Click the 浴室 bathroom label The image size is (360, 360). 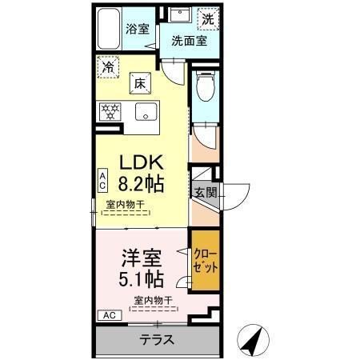[138, 29]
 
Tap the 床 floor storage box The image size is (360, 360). [138, 82]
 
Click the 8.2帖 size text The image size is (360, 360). [142, 182]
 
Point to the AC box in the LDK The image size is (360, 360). [102, 180]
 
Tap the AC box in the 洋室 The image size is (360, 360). [107, 315]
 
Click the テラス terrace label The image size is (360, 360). [158, 339]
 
